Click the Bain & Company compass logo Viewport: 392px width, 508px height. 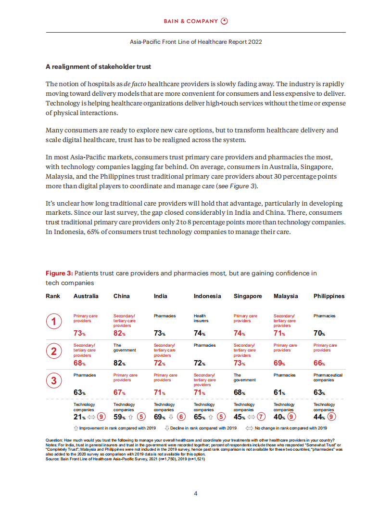pyautogui.click(x=224, y=21)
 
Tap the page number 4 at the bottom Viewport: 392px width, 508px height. pyautogui.click(x=196, y=493)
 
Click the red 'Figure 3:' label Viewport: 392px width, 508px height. pyautogui.click(x=59, y=274)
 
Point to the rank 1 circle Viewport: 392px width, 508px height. pyautogui.click(x=53, y=322)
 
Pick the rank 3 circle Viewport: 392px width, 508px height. pyautogui.click(x=53, y=381)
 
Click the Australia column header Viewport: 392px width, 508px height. pyautogui.click(x=86, y=296)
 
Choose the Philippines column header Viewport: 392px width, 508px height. pyautogui.click(x=329, y=296)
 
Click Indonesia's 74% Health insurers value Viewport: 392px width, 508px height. pyautogui.click(x=199, y=333)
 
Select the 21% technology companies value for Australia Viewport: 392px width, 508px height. pyautogui.click(x=79, y=417)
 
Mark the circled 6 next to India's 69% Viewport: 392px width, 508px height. pyautogui.click(x=181, y=417)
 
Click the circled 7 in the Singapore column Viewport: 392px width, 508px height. pyautogui.click(x=261, y=417)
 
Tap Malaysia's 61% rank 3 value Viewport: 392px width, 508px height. pyautogui.click(x=279, y=392)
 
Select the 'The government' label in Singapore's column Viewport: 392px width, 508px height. pyautogui.click(x=244, y=378)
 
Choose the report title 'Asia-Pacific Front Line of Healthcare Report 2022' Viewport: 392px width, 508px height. pyautogui.click(x=196, y=42)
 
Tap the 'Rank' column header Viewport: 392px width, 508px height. pyautogui.click(x=53, y=296)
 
